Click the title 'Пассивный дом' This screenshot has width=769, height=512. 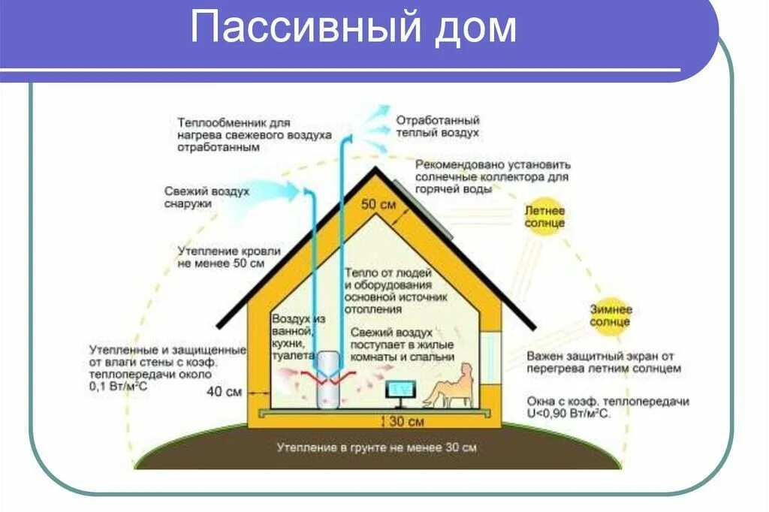(x=353, y=29)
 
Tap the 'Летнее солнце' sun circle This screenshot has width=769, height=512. (x=544, y=217)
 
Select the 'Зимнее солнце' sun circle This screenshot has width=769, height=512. (x=610, y=315)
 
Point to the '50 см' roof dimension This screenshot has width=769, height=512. (x=378, y=204)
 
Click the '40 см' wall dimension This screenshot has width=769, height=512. (x=224, y=391)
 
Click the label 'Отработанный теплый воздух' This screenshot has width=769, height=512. (x=438, y=126)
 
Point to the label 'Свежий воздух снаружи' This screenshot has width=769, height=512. (x=207, y=197)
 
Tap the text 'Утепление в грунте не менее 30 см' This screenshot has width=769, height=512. (x=376, y=447)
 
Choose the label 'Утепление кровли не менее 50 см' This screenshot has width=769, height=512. (x=229, y=257)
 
